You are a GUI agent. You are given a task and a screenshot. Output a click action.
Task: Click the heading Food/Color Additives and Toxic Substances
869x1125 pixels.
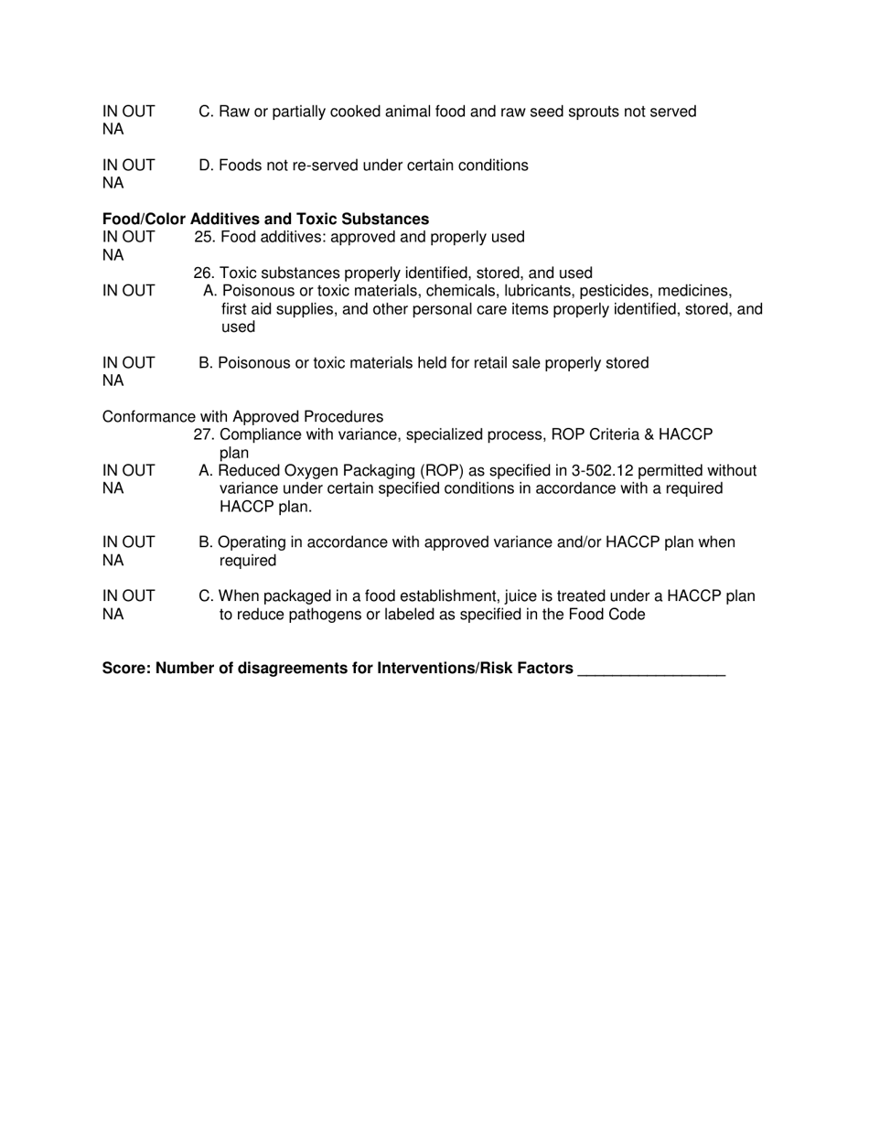pyautogui.click(x=265, y=220)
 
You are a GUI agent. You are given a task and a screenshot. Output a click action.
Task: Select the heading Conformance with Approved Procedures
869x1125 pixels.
pyautogui.click(x=242, y=417)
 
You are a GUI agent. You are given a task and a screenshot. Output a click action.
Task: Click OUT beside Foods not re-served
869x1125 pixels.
pyautogui.click(x=139, y=166)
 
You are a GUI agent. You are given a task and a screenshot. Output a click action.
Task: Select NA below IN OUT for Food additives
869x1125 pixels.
pyautogui.click(x=113, y=255)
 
